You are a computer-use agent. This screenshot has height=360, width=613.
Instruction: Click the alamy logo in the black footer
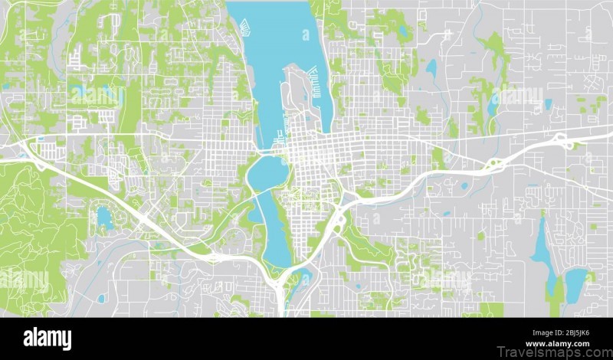[48, 339]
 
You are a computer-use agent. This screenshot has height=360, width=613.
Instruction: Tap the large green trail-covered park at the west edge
[31, 222]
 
